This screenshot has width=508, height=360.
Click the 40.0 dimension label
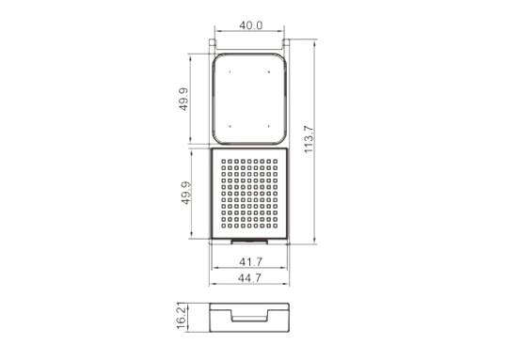tap(251, 25)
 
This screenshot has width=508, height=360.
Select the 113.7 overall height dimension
tap(309, 139)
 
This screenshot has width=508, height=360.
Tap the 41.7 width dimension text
tap(250, 261)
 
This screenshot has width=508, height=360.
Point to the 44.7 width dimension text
tap(249, 278)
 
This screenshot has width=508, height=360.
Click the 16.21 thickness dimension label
tap(182, 316)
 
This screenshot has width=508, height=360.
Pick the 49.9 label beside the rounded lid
tap(183, 100)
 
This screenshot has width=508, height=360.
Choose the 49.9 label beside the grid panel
tap(185, 193)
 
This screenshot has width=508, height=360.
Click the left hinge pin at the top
tap(213, 42)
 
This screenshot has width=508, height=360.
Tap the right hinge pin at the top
tap(286, 42)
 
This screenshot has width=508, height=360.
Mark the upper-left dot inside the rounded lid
tap(230, 71)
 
